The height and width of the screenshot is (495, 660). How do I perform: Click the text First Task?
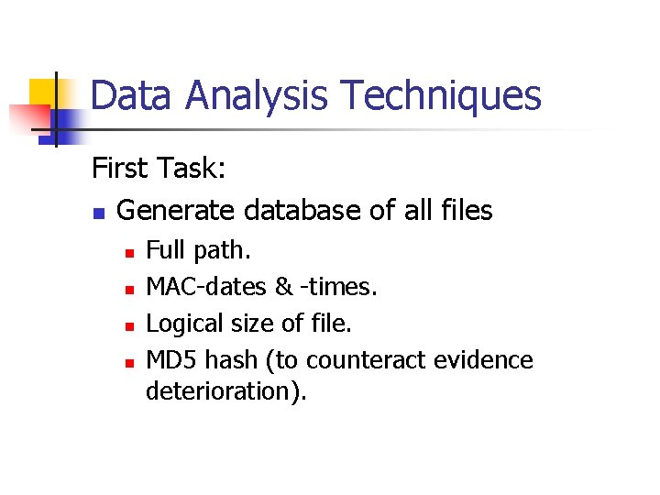158,169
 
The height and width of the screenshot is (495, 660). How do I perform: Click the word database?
302,211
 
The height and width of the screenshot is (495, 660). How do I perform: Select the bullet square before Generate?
98,214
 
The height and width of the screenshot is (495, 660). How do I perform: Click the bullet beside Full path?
130,250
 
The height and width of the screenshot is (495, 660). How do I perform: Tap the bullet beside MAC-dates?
130,289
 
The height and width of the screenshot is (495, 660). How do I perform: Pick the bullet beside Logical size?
130,325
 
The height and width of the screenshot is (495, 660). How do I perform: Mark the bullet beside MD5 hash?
130,362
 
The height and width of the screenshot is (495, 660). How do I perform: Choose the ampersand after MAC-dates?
283,287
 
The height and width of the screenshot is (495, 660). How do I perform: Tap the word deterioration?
224,391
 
